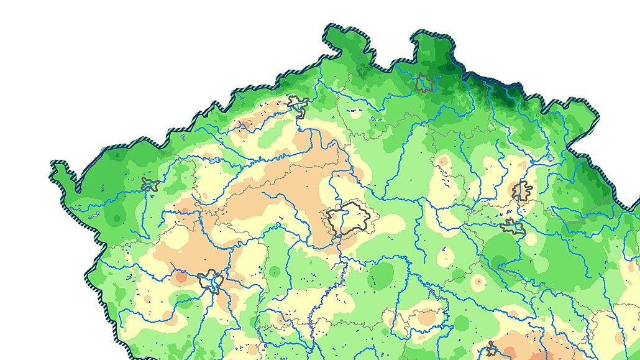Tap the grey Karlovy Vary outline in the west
point(150,185)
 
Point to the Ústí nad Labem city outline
point(299,106)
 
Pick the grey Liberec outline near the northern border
point(424,83)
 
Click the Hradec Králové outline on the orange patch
point(523,190)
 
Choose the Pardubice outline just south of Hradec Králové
point(512,228)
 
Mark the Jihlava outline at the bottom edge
point(492,349)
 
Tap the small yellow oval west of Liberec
point(356,114)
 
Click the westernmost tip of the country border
point(52,164)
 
